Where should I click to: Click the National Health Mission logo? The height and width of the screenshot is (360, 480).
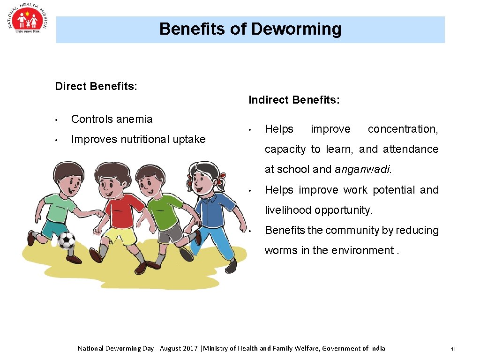tap(28, 21)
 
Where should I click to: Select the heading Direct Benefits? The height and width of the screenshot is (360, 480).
tap(96, 86)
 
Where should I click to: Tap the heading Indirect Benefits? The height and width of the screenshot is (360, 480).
tap(294, 100)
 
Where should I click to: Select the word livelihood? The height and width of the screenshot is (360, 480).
tap(288, 210)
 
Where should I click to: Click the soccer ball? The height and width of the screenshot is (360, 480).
tap(66, 240)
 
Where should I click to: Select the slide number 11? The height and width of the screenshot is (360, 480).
tap(453, 349)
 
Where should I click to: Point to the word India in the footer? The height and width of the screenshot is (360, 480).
tap(377, 348)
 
